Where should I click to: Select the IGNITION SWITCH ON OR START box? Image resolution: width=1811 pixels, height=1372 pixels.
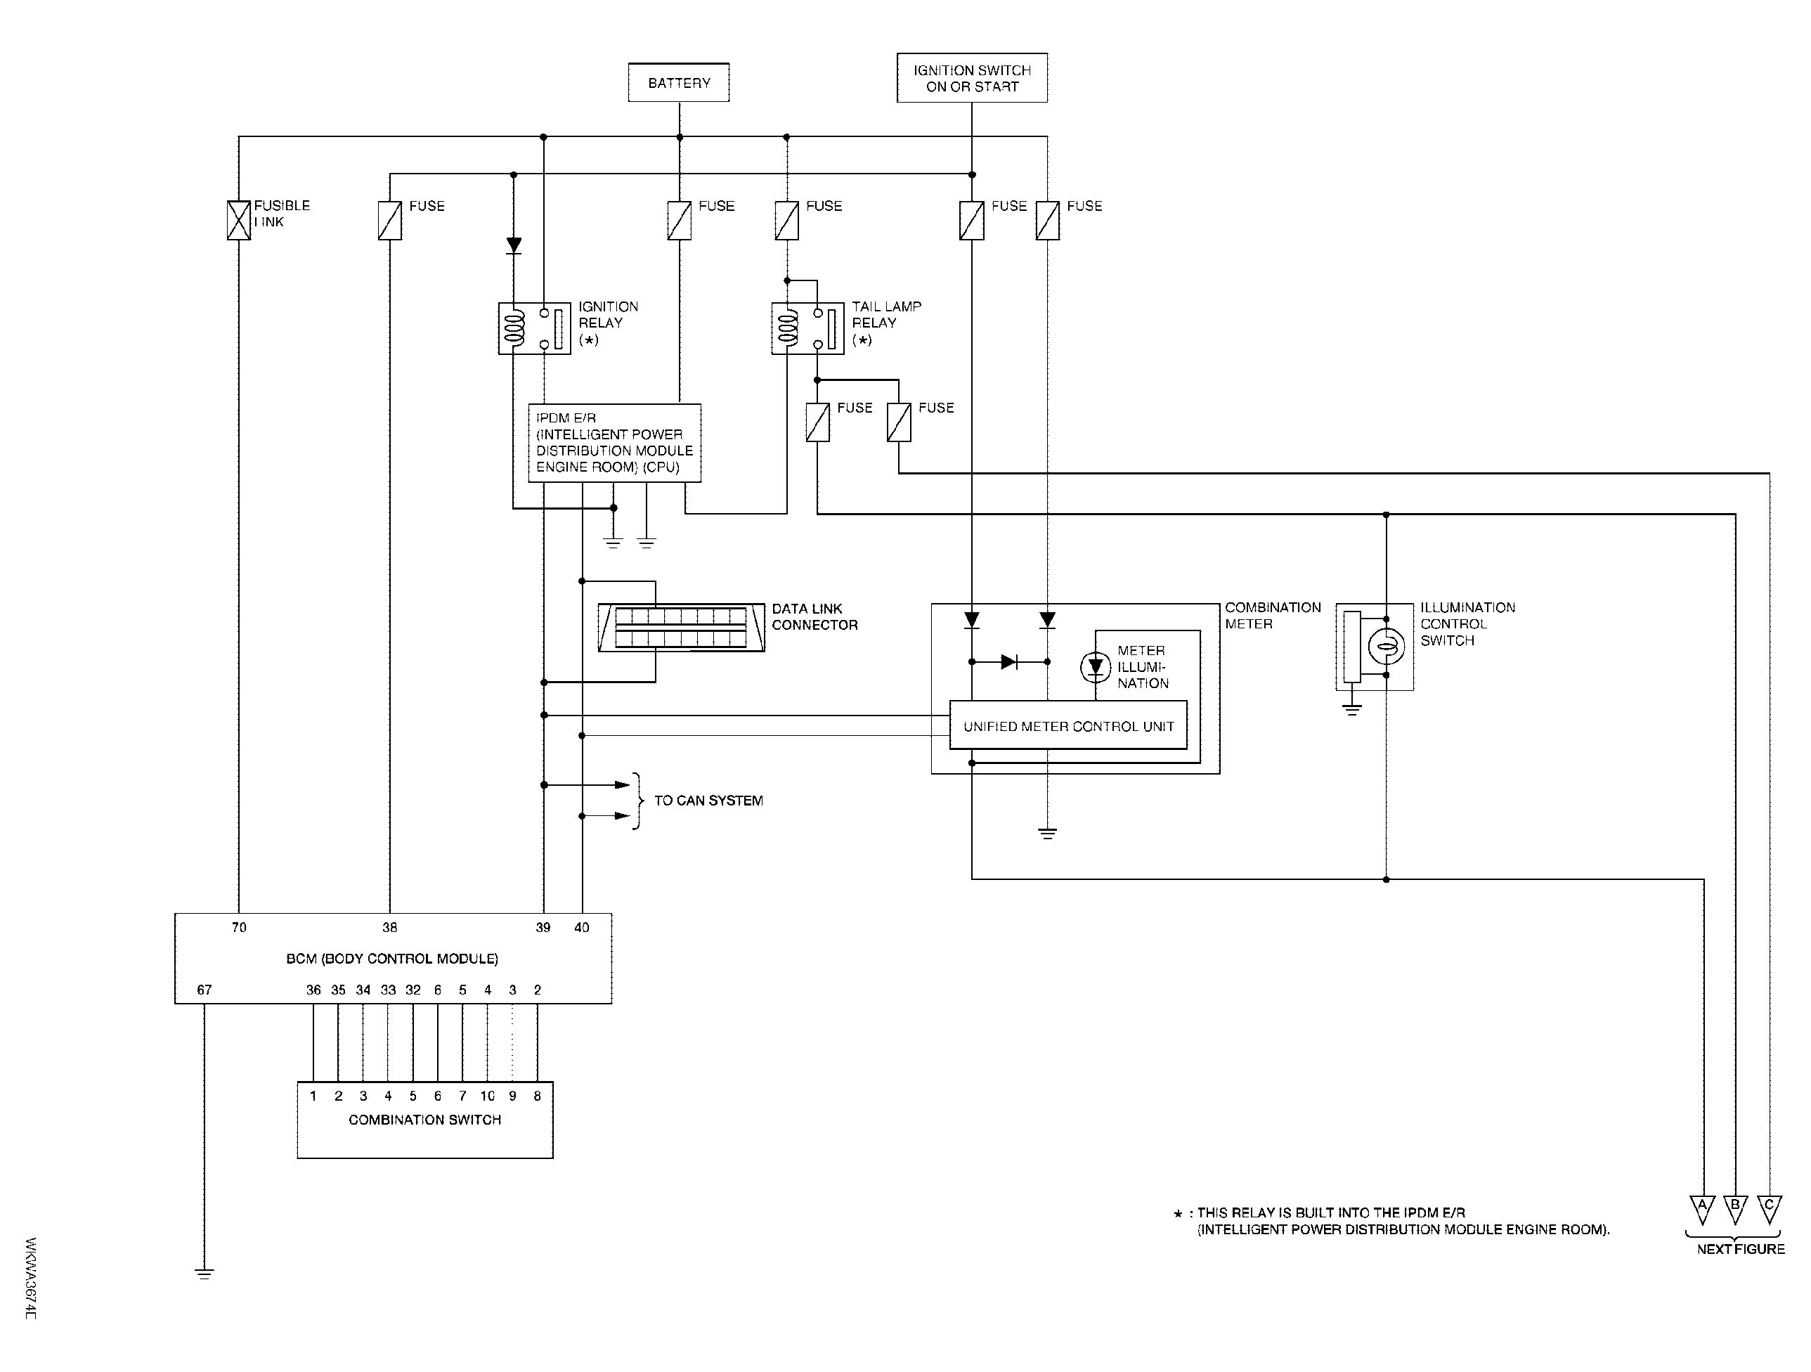click(x=972, y=78)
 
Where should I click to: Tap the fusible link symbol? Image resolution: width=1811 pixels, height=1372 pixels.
click(x=238, y=220)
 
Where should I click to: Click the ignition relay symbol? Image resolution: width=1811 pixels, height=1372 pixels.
click(x=534, y=328)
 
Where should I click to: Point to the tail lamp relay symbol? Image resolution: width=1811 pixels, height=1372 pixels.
click(x=807, y=328)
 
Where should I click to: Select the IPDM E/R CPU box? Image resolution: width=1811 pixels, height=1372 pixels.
click(x=615, y=443)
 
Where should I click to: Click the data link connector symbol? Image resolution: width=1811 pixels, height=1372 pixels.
click(x=681, y=628)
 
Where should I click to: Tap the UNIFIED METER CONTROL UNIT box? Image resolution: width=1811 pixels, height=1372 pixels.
click(x=1068, y=725)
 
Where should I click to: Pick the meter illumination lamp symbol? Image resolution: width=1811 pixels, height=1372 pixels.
click(x=1096, y=667)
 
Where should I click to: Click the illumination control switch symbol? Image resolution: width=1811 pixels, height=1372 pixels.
click(x=1375, y=647)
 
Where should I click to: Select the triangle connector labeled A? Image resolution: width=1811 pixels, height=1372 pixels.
click(x=1702, y=1209)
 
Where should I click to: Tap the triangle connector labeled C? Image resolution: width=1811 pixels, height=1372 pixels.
click(x=1770, y=1209)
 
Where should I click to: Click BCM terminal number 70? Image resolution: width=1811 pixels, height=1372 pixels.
click(x=239, y=928)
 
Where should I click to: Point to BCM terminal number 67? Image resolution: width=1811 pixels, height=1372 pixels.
click(x=205, y=990)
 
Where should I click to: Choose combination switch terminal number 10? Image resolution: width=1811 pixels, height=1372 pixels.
click(x=487, y=1096)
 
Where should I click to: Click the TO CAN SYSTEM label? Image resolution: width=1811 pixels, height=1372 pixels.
click(x=708, y=801)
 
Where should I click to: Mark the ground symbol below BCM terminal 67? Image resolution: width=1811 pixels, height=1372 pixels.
click(x=205, y=1274)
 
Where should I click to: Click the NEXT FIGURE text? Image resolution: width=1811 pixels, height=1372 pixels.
click(x=1741, y=1249)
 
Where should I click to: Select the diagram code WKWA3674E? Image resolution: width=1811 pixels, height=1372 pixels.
click(x=31, y=1278)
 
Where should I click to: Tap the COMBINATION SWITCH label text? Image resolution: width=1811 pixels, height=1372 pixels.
click(x=425, y=1120)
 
